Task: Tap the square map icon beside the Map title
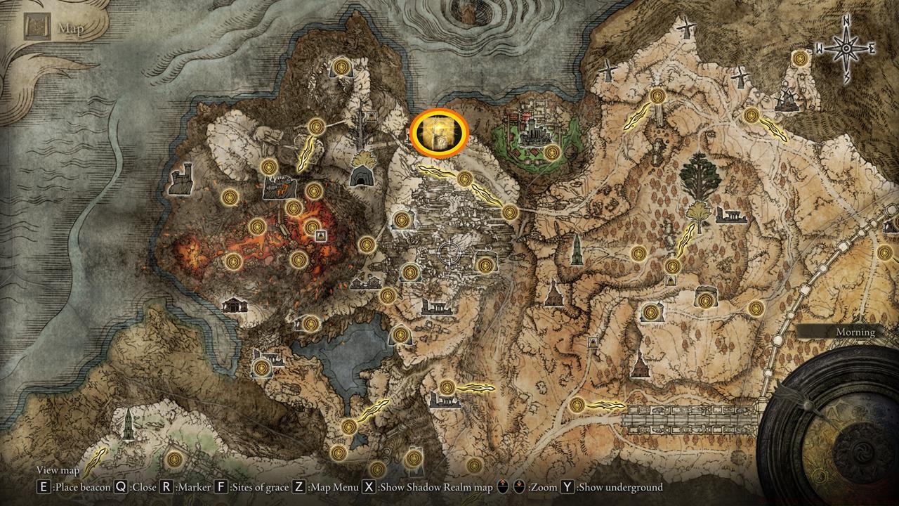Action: pyautogui.click(x=36, y=28)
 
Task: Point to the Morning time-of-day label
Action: pyautogui.click(x=855, y=332)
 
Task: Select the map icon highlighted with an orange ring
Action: pyautogui.click(x=440, y=131)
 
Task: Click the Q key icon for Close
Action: pyautogui.click(x=121, y=487)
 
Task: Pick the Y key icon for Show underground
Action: pyautogui.click(x=566, y=487)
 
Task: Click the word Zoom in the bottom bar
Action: pyautogui.click(x=542, y=487)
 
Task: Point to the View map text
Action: pyautogui.click(x=58, y=470)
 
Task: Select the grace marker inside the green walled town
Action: pyautogui.click(x=552, y=151)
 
